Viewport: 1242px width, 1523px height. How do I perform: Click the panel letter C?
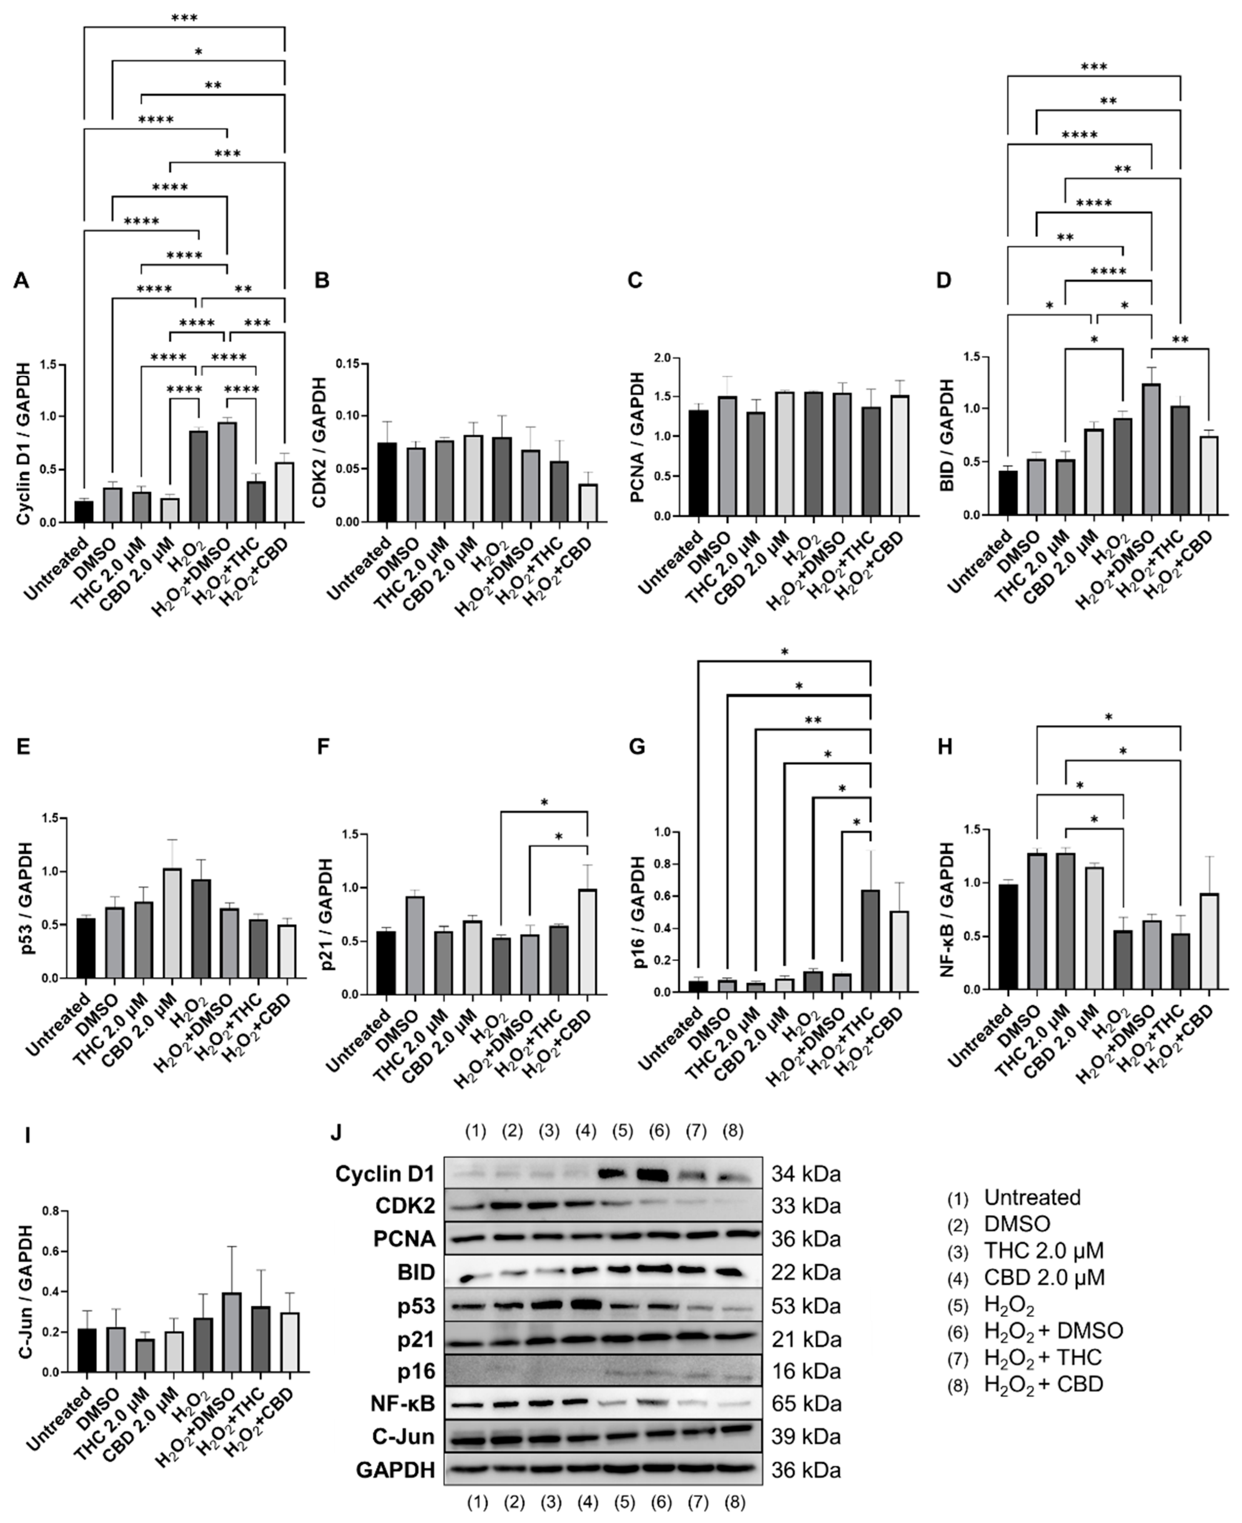(x=635, y=281)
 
